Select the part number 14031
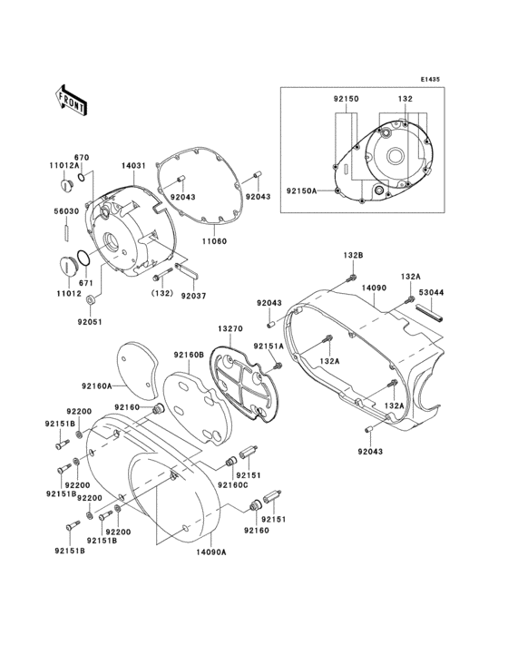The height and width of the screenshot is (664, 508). tap(134, 167)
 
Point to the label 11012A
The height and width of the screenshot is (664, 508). tap(64, 167)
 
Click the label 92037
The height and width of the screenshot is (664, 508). tap(192, 295)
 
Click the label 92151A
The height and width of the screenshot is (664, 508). tap(269, 346)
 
